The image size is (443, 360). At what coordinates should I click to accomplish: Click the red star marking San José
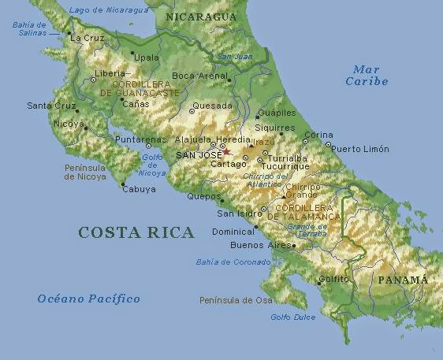click(x=226, y=152)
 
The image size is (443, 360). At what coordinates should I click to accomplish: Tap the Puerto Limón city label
click(x=360, y=149)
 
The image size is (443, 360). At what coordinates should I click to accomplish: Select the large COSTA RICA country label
click(x=136, y=232)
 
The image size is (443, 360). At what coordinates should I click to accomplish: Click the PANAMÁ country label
click(x=402, y=280)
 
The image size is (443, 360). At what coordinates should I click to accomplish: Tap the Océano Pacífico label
click(x=88, y=299)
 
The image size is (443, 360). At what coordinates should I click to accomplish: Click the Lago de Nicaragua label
click(x=98, y=9)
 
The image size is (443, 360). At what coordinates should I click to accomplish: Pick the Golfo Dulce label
click(x=292, y=317)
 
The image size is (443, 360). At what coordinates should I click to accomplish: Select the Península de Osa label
click(x=236, y=300)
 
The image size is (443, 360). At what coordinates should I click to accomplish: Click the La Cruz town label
click(x=87, y=37)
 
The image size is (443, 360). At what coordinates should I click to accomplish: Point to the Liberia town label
click(x=110, y=73)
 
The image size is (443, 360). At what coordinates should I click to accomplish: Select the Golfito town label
click(x=334, y=279)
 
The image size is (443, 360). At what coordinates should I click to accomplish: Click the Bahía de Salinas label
click(x=29, y=28)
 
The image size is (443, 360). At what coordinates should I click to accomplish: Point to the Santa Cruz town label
click(x=50, y=106)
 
